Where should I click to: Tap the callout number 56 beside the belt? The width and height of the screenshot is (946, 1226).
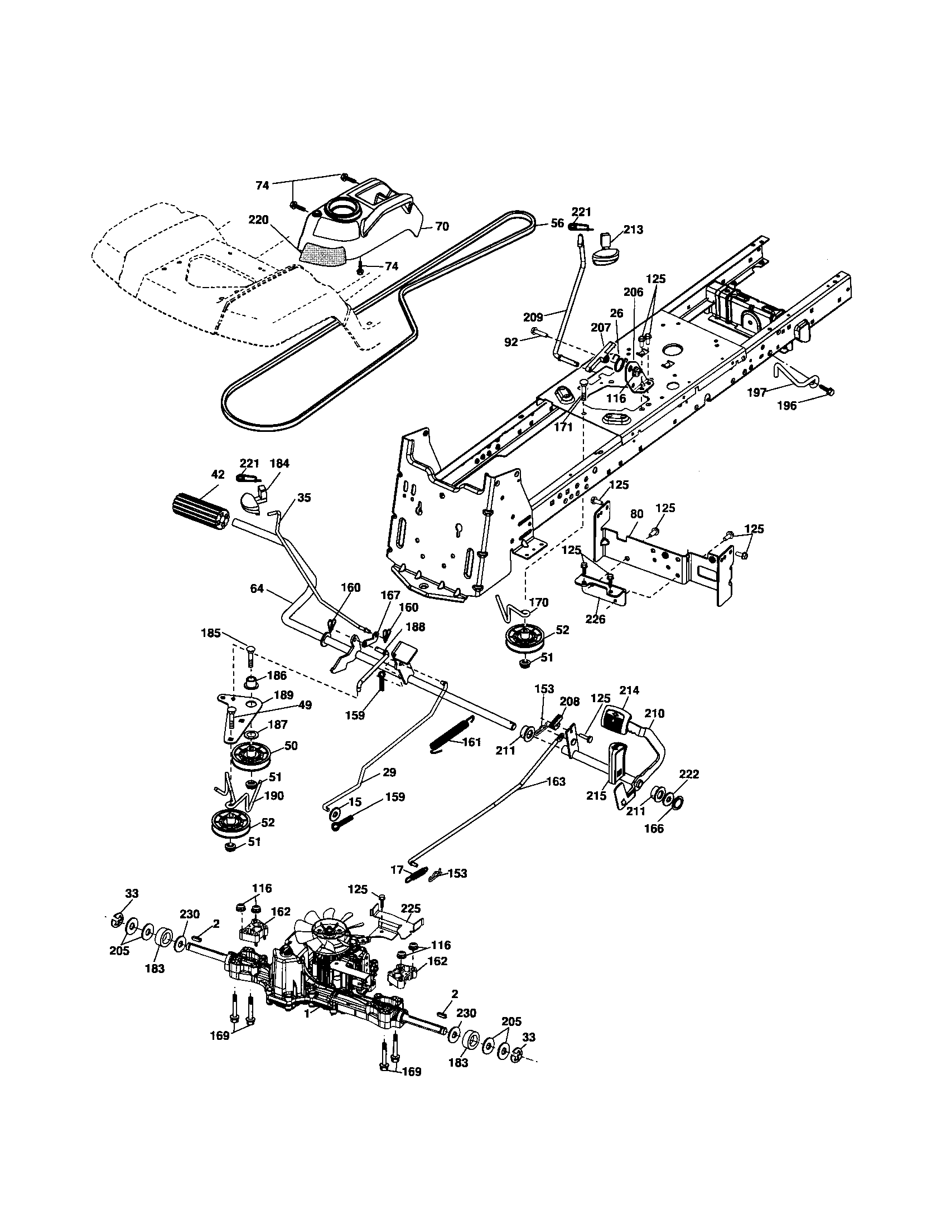pyautogui.click(x=557, y=223)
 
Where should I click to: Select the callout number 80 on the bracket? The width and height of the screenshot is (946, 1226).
pyautogui.click(x=636, y=514)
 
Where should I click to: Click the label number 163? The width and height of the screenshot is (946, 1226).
pyautogui.click(x=556, y=781)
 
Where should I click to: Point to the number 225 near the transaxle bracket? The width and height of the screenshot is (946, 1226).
pyautogui.click(x=411, y=908)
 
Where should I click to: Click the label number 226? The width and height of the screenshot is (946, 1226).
pyautogui.click(x=596, y=619)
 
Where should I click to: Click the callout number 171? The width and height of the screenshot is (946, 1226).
pyautogui.click(x=563, y=427)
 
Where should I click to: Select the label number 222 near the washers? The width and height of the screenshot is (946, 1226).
pyautogui.click(x=689, y=774)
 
